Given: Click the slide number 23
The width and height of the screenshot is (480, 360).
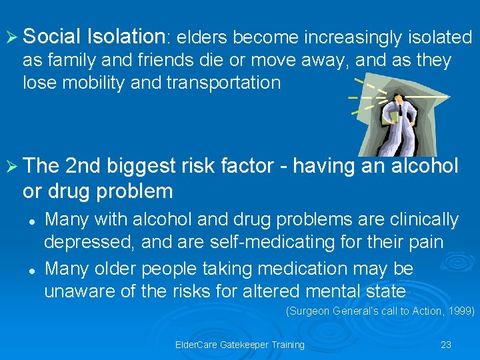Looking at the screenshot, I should pos(446,345).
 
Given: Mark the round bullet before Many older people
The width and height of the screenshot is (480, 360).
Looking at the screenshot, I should pos(31,270).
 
